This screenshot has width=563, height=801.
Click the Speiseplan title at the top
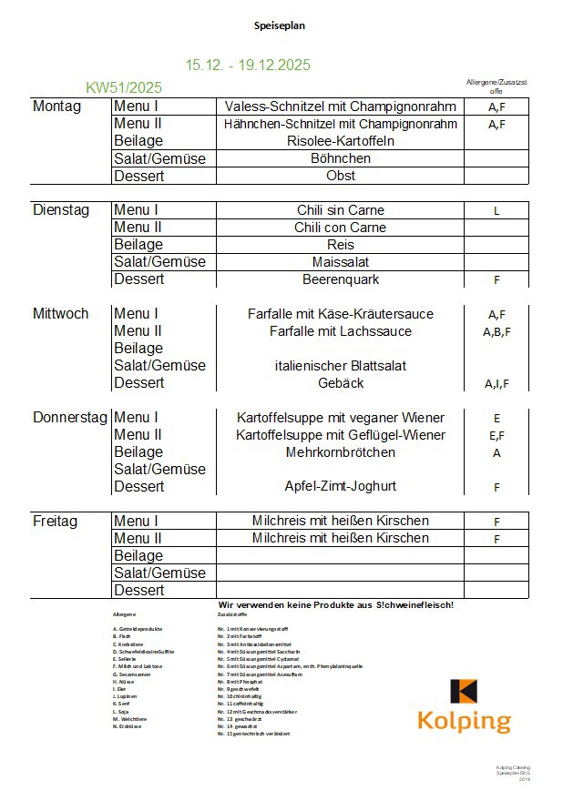(x=280, y=25)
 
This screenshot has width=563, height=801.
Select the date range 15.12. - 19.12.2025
(x=248, y=65)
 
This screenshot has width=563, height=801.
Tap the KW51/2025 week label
(x=124, y=87)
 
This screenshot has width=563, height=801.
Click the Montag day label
(x=56, y=106)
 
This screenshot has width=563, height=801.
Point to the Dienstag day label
(x=61, y=210)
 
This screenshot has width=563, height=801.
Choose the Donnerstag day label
(x=71, y=418)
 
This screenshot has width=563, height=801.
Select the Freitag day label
(x=55, y=522)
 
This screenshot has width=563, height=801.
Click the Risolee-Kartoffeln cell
(x=340, y=141)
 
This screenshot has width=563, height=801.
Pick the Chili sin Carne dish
(x=340, y=210)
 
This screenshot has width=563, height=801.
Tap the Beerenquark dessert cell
(x=340, y=279)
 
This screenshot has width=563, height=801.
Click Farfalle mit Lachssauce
(x=340, y=331)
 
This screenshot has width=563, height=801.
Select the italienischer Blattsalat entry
(x=340, y=366)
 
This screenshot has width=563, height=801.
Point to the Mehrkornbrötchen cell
(x=340, y=452)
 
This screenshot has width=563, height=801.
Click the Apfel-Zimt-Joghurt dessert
(x=340, y=487)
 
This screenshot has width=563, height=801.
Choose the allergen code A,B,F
(x=496, y=332)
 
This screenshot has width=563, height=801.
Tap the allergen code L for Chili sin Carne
(x=496, y=211)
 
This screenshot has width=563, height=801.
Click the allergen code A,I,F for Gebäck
(x=496, y=384)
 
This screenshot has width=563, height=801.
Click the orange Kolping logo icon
(x=464, y=692)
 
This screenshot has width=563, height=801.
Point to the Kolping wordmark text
(x=464, y=722)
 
